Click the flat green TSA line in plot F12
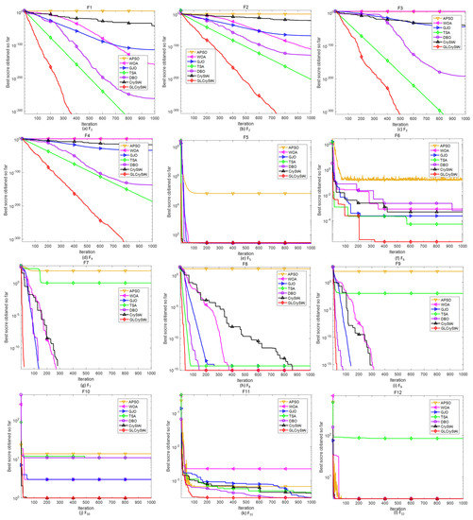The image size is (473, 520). click(397, 439)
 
